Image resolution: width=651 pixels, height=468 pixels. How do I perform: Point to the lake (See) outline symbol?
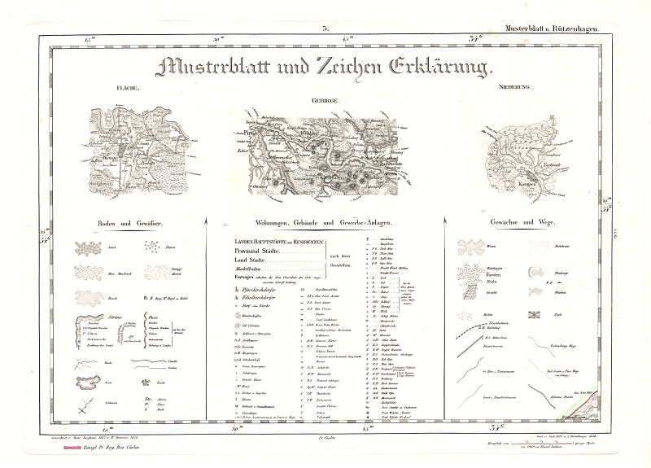88,379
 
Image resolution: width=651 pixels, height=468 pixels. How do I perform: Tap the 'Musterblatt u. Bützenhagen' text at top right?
552,29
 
